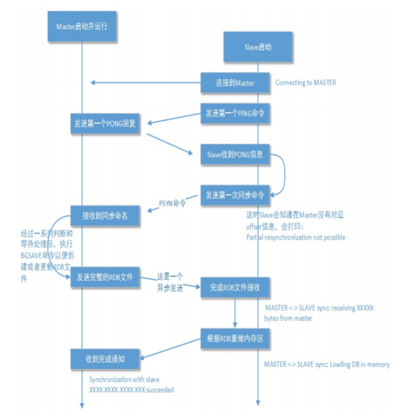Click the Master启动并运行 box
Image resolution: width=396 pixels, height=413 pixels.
click(82, 27)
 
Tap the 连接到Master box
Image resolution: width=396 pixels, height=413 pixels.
click(235, 83)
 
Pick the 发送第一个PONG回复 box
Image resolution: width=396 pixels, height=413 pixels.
click(106, 123)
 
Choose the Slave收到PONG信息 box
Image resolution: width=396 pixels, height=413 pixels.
click(235, 154)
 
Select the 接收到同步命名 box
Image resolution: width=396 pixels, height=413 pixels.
click(106, 215)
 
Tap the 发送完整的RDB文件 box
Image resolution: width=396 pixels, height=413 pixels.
click(106, 278)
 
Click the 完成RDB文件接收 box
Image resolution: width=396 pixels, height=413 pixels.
click(235, 287)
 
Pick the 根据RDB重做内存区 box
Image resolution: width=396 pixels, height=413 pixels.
click(235, 338)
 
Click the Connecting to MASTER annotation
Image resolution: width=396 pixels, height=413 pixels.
click(305, 83)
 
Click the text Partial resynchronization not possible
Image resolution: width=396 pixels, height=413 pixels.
click(296, 237)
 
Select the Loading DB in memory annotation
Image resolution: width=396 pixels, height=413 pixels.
click(327, 364)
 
